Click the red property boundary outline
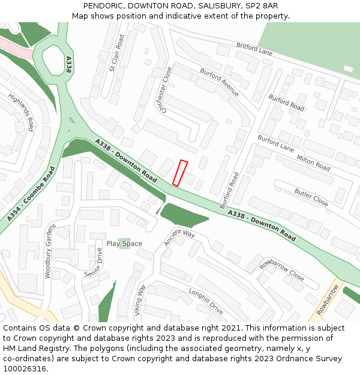coord(180,173)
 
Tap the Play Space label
coord(124,244)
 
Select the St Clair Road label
coord(116,53)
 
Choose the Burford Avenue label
coord(220,83)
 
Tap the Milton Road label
coord(314,162)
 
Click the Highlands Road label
coord(21,112)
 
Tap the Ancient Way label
coord(179,238)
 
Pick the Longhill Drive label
coord(206,301)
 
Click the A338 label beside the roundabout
coord(68,65)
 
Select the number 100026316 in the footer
coord(24,368)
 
